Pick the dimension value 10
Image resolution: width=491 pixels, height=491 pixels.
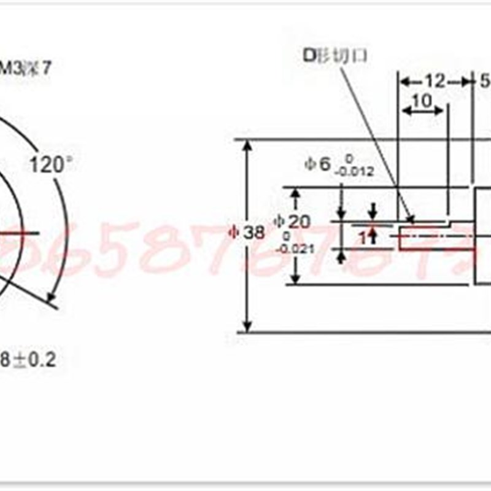[422, 100]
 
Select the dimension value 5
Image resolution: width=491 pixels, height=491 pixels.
[485, 80]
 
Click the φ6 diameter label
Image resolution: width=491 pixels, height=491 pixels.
[318, 163]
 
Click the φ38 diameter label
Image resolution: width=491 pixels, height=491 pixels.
[246, 232]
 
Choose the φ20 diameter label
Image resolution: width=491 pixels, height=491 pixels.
[292, 222]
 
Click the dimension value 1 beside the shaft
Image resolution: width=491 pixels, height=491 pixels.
[363, 237]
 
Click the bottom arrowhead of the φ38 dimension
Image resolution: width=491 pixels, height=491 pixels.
[248, 327]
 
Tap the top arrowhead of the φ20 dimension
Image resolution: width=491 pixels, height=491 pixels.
[295, 193]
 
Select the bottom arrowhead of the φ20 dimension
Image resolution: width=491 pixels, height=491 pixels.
[295, 279]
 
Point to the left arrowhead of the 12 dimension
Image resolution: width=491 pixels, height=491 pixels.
[403, 81]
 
